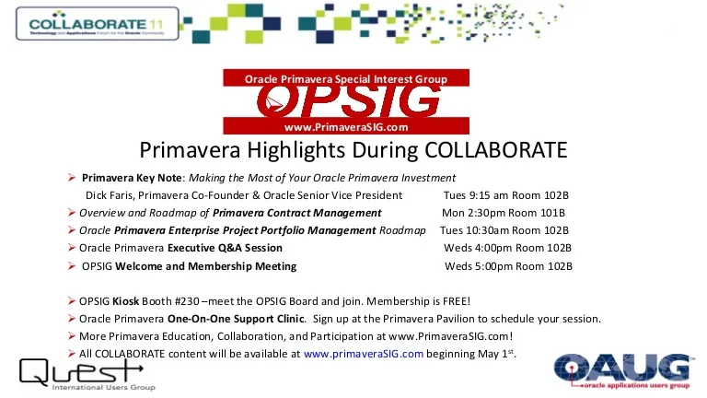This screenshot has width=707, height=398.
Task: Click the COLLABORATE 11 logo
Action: [x=98, y=24]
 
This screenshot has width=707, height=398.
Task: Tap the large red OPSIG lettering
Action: [x=348, y=101]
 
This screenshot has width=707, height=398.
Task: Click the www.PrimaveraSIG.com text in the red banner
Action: [x=346, y=127]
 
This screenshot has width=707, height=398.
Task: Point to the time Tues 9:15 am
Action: [x=476, y=195]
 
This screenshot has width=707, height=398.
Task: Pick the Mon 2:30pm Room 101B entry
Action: [x=504, y=213]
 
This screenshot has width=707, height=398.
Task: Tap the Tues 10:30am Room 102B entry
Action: [x=504, y=230]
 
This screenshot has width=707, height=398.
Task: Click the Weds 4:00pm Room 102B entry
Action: [x=507, y=248]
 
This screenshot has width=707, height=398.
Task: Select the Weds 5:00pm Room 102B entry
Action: [x=508, y=266]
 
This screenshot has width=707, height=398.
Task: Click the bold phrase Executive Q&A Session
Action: [x=225, y=248]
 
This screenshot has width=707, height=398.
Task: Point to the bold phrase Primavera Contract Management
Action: [x=296, y=213]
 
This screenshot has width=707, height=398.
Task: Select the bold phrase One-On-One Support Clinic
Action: [x=236, y=319]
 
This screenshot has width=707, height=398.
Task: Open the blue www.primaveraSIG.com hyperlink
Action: [x=364, y=354]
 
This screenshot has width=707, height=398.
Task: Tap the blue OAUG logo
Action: [x=622, y=371]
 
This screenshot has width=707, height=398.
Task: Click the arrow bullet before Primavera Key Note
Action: [x=72, y=178]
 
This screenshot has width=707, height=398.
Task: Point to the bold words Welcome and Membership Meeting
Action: [x=205, y=266]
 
